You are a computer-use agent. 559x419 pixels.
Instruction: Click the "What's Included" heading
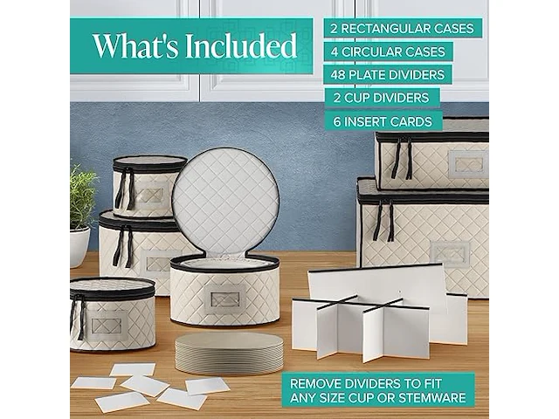195,46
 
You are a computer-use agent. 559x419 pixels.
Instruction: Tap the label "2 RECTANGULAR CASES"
402,28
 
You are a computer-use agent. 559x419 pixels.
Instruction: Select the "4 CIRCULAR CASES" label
388,52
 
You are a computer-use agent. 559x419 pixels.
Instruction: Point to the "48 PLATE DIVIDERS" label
388,75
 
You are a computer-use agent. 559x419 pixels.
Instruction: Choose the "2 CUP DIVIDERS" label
382,98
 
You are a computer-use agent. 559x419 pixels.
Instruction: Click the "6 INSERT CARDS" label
383,121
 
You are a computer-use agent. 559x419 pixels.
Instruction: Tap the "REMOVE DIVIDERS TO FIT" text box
378,390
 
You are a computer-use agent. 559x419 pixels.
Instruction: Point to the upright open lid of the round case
225,202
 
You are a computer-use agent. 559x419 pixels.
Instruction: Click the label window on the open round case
225,299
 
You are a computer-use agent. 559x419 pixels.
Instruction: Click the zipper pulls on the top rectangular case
402,158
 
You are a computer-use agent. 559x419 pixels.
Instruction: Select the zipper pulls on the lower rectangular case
383,220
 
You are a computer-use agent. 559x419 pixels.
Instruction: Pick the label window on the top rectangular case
468,164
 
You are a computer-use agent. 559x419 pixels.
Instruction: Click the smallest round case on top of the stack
149,186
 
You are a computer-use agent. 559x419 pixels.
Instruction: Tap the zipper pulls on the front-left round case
78,316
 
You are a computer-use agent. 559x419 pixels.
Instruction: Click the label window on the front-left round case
107,326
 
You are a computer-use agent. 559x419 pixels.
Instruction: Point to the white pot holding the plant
79,247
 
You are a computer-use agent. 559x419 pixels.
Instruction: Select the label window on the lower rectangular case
450,254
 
